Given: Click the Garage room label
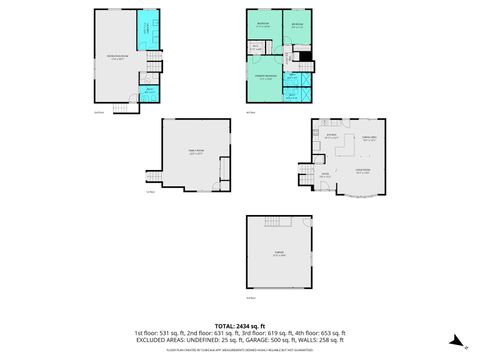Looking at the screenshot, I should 279,254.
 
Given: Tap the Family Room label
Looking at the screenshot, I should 196,152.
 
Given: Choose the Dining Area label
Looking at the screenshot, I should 369,139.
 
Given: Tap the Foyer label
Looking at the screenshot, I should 325,173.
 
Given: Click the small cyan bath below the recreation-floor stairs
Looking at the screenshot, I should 148,91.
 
